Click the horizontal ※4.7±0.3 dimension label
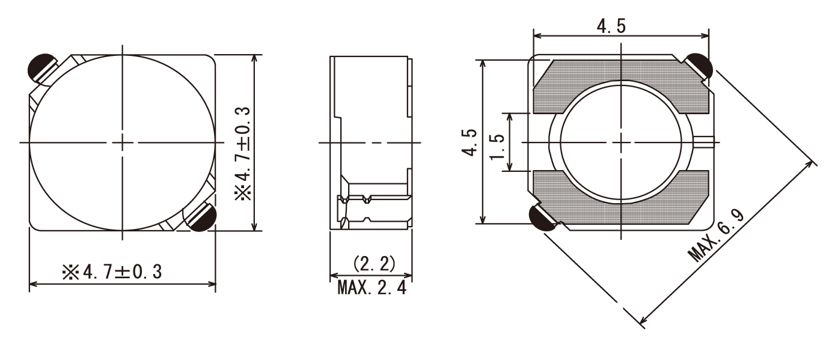112,272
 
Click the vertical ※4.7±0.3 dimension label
243,154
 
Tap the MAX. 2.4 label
372,287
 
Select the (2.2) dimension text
374,264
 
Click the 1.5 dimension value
497,147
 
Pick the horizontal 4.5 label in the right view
611,26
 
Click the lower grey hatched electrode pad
620,198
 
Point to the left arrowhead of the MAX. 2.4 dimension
334,276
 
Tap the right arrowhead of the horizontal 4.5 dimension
705,35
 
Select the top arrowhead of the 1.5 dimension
510,118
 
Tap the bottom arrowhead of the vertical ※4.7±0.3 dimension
254,226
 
